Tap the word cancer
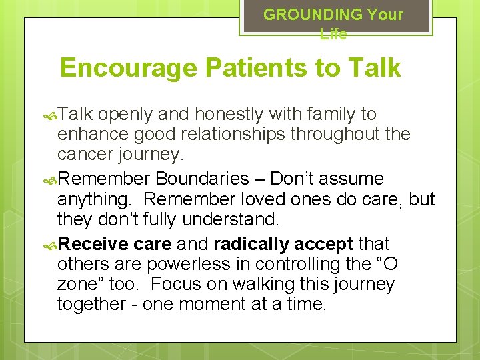click(x=85, y=154)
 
